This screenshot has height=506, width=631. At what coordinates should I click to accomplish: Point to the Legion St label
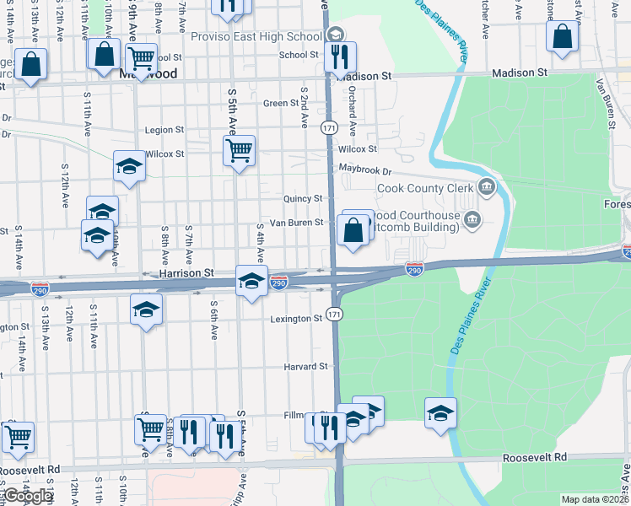click(x=164, y=131)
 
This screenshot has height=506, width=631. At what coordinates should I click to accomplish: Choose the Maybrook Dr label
click(x=366, y=170)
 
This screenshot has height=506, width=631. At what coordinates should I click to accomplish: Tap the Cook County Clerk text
click(x=425, y=188)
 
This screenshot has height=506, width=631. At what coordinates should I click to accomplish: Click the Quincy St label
click(x=304, y=199)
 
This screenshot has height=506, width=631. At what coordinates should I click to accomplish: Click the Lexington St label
click(x=296, y=320)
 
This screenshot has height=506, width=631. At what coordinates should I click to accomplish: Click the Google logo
click(x=27, y=496)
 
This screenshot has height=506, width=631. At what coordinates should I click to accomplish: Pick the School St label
click(x=301, y=56)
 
